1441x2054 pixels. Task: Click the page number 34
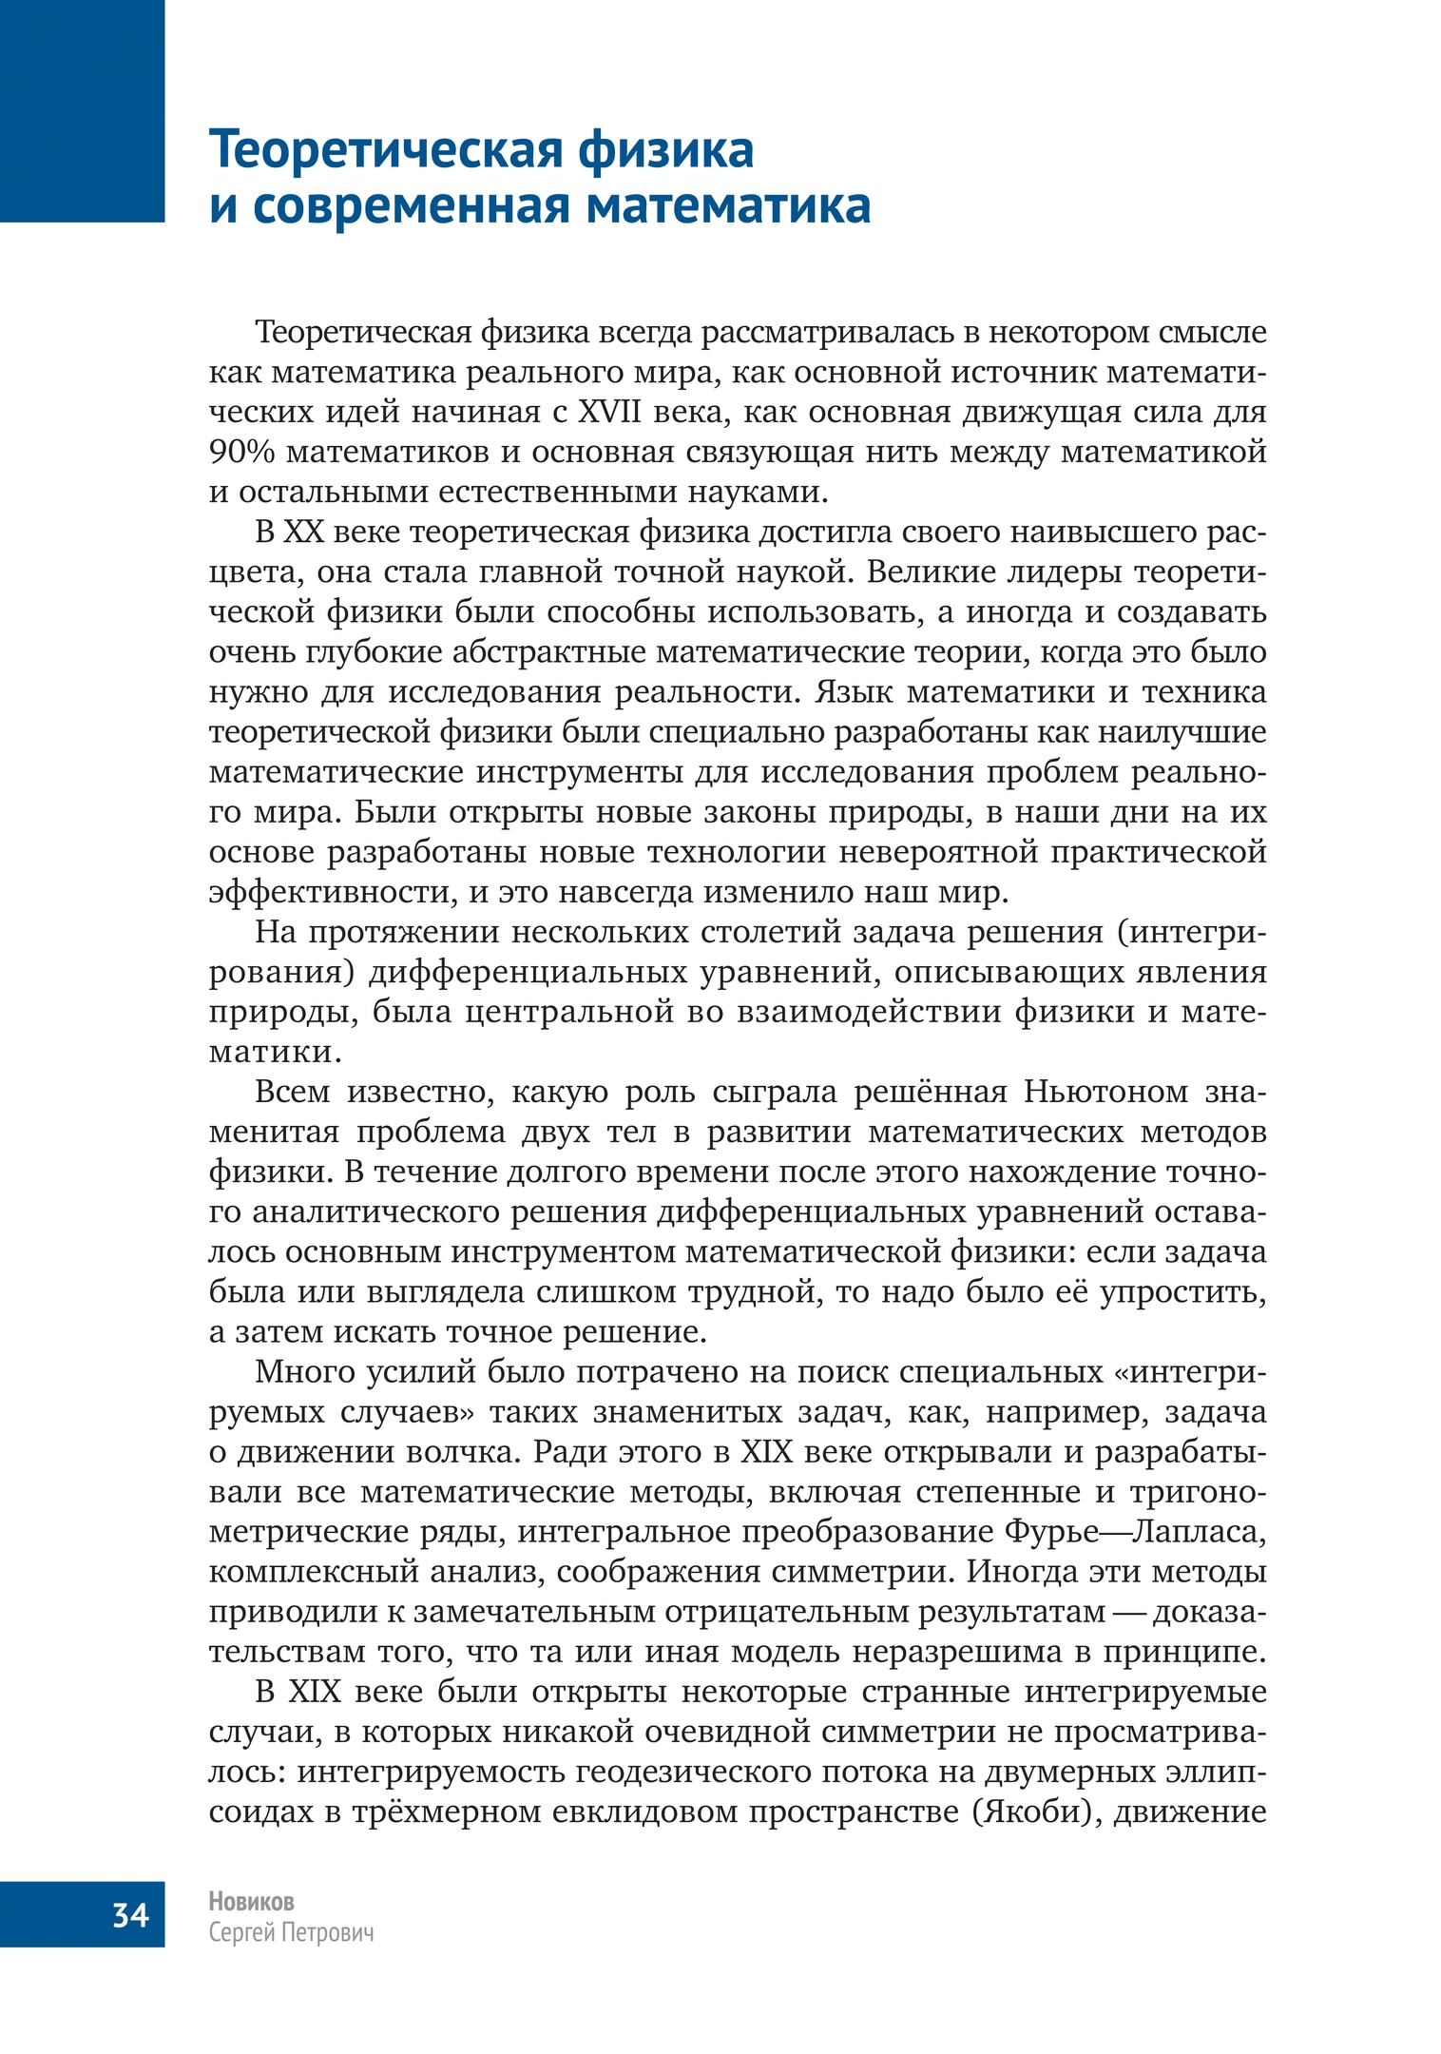(131, 1913)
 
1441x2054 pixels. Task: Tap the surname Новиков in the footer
(251, 1901)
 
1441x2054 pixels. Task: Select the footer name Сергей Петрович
(291, 1933)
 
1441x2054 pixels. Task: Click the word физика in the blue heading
(665, 149)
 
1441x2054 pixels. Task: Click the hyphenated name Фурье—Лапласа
(1135, 1532)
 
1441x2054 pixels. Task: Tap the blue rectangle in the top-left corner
(82, 110)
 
